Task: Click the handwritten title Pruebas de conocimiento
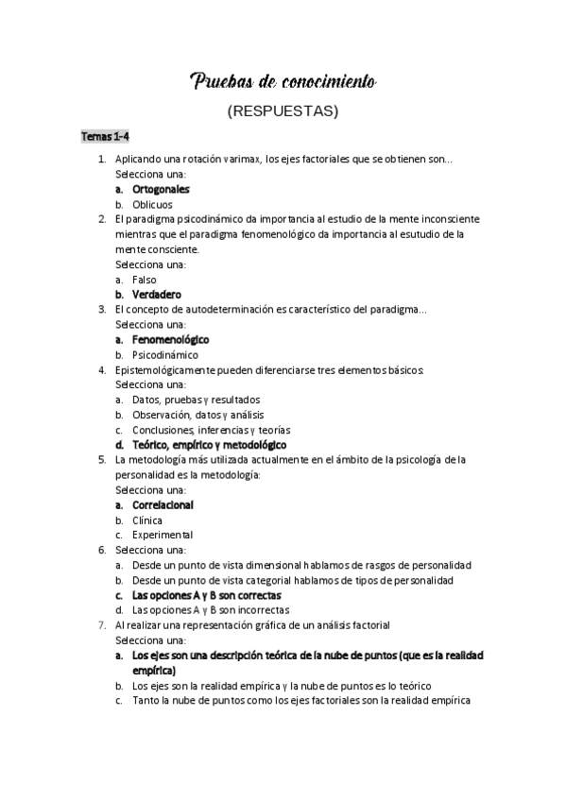[283, 82]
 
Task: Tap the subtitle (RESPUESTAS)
[283, 111]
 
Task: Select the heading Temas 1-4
[104, 138]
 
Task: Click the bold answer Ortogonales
[161, 189]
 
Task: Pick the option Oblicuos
[152, 204]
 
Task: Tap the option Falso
[145, 280]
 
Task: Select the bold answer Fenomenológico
[171, 339]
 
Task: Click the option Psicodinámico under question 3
[165, 354]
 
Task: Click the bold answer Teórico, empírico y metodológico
[209, 444]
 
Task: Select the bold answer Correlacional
[163, 504]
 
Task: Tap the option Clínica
[147, 520]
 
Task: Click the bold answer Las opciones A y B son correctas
[206, 595]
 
